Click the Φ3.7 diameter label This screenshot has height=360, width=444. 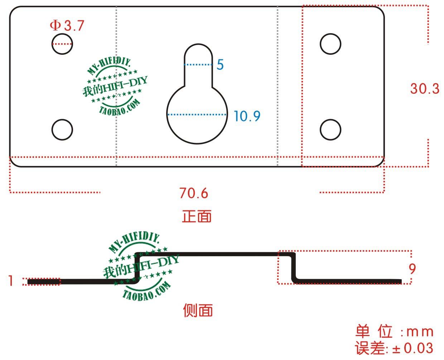click(x=67, y=26)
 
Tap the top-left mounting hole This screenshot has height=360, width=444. click(x=62, y=44)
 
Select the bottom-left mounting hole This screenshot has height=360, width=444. click(x=62, y=130)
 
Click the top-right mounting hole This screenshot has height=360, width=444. click(x=330, y=44)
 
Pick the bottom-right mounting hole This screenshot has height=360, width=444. click(x=330, y=130)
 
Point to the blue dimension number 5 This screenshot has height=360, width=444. click(x=220, y=65)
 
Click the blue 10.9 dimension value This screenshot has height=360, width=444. click(x=247, y=116)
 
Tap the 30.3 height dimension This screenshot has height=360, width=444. click(x=424, y=88)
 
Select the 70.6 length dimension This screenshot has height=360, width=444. click(x=194, y=193)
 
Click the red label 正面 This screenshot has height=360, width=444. click(x=197, y=216)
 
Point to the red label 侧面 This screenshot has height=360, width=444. click(x=198, y=310)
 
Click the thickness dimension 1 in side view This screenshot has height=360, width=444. click(x=11, y=281)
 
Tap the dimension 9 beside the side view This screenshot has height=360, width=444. click(x=412, y=268)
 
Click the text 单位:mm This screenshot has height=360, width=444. click(x=394, y=332)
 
